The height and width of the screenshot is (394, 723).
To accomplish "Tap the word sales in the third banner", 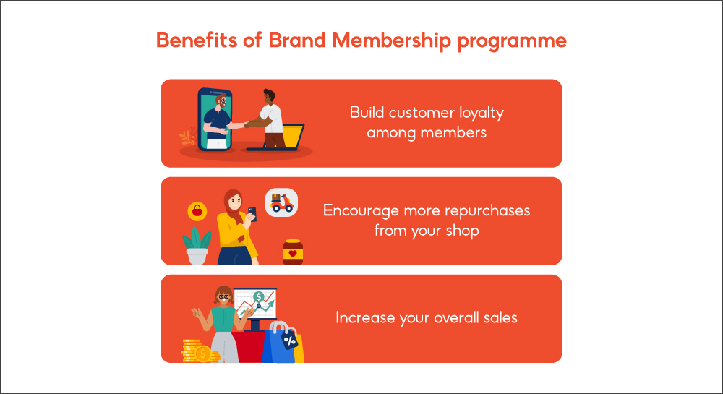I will tap(499, 317).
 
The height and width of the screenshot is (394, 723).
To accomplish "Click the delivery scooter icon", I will tap(281, 202).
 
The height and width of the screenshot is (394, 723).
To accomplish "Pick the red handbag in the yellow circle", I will tap(196, 212).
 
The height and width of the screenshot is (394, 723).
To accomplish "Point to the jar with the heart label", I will tap(292, 253).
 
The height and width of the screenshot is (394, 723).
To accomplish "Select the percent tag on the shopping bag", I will tap(290, 339).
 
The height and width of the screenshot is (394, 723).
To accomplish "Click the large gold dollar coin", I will tap(203, 354).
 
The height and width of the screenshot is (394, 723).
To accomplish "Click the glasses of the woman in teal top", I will tap(223, 296).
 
